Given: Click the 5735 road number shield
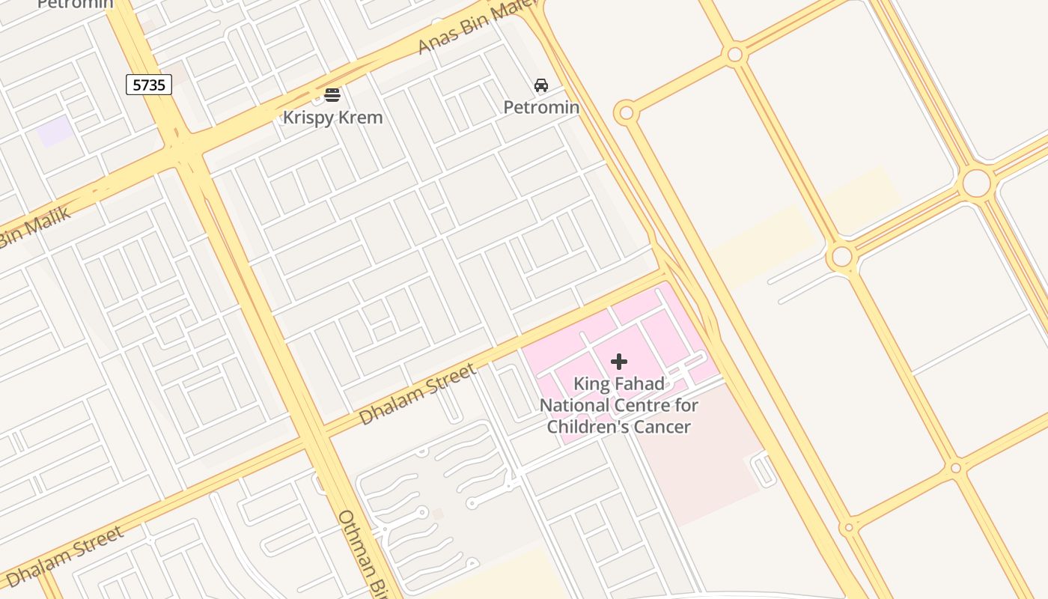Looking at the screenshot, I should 149,85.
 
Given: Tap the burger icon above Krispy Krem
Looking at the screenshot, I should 332,95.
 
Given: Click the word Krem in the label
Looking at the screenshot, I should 362,118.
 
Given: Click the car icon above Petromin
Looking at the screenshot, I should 541,85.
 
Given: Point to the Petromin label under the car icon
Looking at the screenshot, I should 541,107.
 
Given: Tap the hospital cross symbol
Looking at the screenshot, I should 619,362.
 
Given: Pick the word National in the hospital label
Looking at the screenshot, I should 576,406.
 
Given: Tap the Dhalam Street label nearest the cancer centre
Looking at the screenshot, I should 417,394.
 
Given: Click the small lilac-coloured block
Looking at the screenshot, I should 55,132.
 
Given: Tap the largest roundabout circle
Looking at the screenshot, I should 976,183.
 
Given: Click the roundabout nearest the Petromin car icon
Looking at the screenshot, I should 626,114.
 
